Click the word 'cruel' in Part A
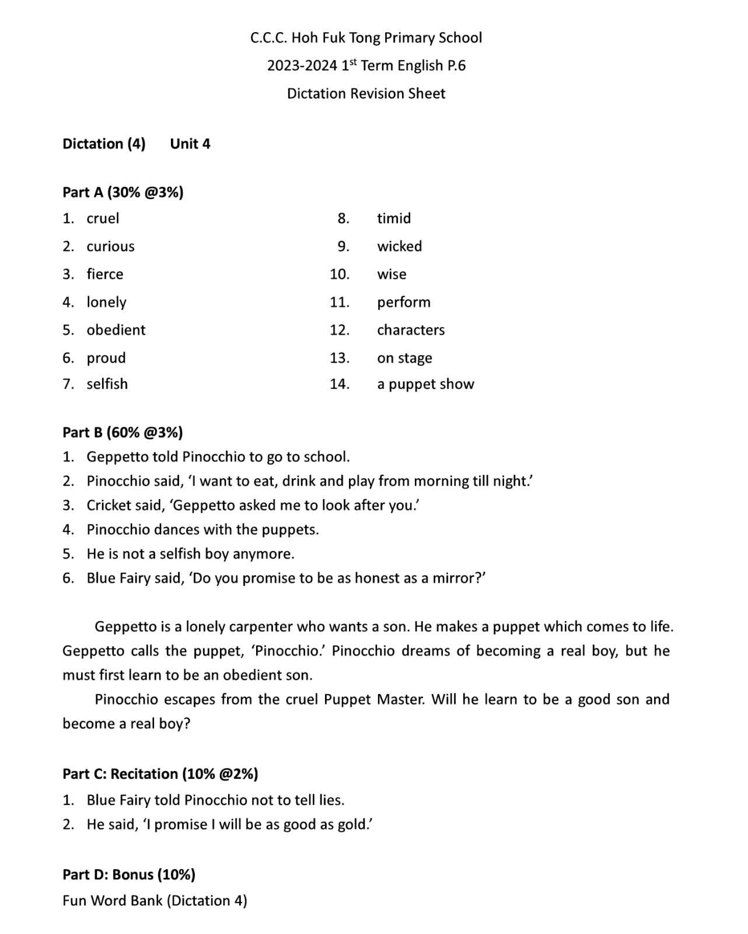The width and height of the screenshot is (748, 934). click(x=103, y=218)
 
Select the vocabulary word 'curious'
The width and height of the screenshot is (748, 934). click(x=110, y=246)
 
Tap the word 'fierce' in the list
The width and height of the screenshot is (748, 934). click(x=105, y=274)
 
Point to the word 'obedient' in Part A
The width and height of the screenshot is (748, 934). click(x=116, y=330)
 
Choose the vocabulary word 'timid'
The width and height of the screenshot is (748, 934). click(x=394, y=218)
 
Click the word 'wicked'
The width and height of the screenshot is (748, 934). click(x=399, y=246)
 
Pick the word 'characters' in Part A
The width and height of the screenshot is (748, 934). click(x=411, y=330)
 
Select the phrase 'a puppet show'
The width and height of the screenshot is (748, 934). click(x=425, y=384)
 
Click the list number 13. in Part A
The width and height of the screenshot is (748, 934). click(x=339, y=358)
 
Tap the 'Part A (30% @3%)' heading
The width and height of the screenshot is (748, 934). click(x=123, y=192)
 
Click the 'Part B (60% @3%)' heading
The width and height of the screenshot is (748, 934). click(x=123, y=432)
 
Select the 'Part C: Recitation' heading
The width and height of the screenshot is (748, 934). click(x=160, y=773)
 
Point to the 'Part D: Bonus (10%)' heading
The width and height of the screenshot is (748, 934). click(x=129, y=874)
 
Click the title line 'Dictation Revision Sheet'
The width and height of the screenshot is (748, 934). click(x=366, y=93)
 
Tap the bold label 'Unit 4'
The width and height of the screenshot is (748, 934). click(x=190, y=144)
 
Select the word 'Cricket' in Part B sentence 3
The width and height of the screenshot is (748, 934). click(x=109, y=505)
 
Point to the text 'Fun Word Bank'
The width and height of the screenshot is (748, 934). click(x=113, y=901)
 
